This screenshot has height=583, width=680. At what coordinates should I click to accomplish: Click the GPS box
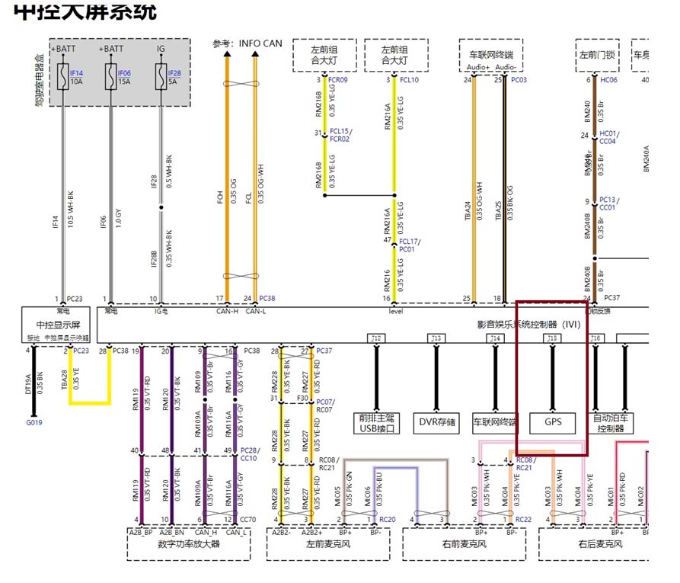pyautogui.click(x=552, y=421)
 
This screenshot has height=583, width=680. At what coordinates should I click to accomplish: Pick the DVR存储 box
pyautogui.click(x=436, y=421)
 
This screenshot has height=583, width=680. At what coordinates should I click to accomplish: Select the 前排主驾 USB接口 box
pyautogui.click(x=377, y=422)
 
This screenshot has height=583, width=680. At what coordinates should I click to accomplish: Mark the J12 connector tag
pyautogui.click(x=376, y=338)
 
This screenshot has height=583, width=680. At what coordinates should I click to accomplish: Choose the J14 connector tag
pyautogui.click(x=495, y=338)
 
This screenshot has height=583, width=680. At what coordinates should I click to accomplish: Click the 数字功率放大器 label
pyautogui.click(x=188, y=544)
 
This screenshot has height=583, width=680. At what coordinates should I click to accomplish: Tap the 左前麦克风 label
pyautogui.click(x=327, y=544)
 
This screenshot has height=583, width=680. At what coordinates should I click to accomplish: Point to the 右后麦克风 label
pyautogui.click(x=600, y=544)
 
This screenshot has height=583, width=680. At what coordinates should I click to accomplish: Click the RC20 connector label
pyautogui.click(x=387, y=520)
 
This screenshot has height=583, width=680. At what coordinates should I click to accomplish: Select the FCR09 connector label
pyautogui.click(x=337, y=79)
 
